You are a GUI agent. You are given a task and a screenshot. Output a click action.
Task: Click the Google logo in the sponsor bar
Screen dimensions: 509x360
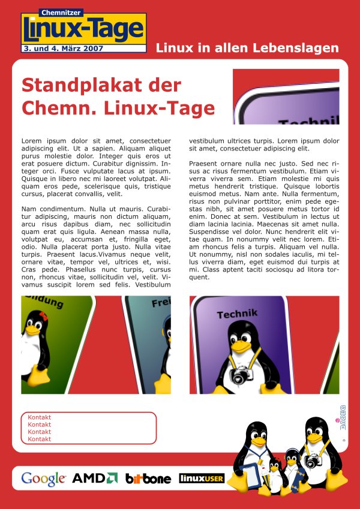[x=43, y=478]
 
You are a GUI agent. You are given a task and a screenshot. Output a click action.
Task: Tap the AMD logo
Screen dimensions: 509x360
[x=95, y=478]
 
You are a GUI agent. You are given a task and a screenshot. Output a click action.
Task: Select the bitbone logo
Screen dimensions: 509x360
[x=148, y=478]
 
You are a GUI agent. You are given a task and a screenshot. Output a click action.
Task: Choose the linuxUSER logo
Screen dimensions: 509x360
[x=202, y=478]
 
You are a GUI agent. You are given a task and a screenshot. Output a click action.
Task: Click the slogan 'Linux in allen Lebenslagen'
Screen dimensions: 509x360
[x=247, y=48]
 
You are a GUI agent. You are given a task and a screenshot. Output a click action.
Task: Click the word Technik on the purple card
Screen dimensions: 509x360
[x=237, y=314]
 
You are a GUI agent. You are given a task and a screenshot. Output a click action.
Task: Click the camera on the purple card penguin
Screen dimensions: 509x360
[x=240, y=375]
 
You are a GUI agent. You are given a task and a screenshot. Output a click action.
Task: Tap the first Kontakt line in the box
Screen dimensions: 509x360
[x=40, y=417]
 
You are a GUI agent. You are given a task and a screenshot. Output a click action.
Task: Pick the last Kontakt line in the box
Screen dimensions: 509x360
[x=40, y=439]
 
